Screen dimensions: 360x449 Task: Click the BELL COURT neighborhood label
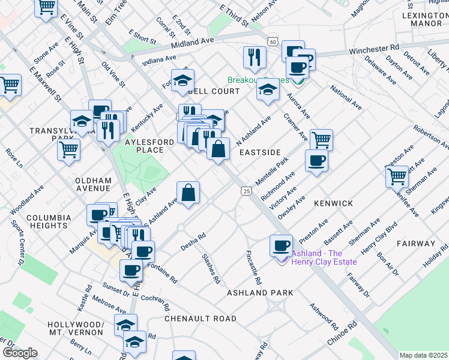pyautogui.click(x=214, y=91)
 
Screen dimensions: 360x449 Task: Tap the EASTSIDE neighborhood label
pyautogui.click(x=260, y=152)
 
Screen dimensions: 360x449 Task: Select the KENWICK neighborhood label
pyautogui.click(x=333, y=203)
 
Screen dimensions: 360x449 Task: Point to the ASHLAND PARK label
pyautogui.click(x=260, y=293)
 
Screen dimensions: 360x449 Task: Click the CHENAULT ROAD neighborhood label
pyautogui.click(x=200, y=319)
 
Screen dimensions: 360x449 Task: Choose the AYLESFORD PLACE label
pyautogui.click(x=141, y=146)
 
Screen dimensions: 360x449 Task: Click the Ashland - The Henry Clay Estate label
pyautogui.click(x=324, y=257)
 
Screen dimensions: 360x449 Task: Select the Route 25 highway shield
pyautogui.click(x=247, y=191)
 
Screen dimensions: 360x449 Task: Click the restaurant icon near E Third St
pyautogui.click(x=255, y=57)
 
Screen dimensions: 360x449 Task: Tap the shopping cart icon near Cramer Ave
pyautogui.click(x=321, y=140)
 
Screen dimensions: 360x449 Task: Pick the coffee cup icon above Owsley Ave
pyautogui.click(x=316, y=160)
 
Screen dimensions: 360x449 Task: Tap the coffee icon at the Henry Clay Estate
pyautogui.click(x=281, y=245)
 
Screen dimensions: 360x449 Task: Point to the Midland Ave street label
pyautogui.click(x=192, y=43)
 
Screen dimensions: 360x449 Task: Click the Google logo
pyautogui.click(x=20, y=353)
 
